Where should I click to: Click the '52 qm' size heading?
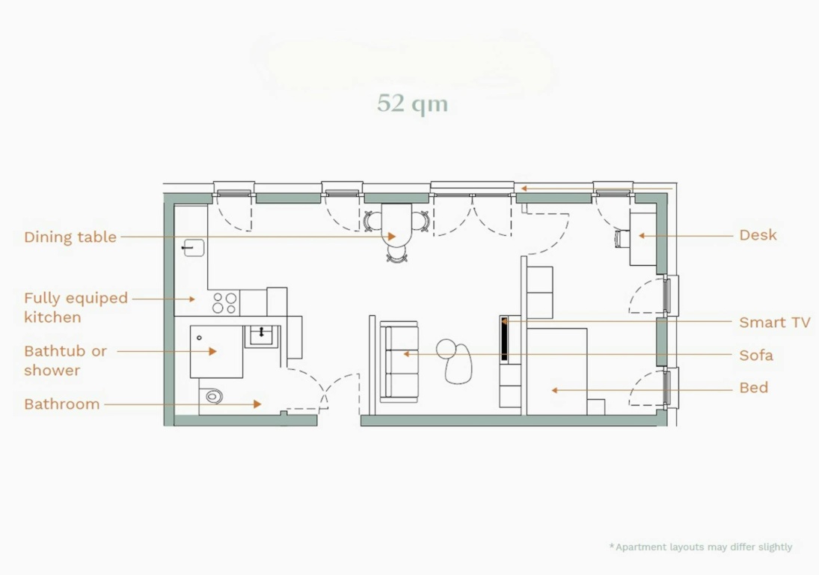coord(413,103)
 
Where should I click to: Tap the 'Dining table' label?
coord(70,237)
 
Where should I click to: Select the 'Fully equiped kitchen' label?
coord(76,308)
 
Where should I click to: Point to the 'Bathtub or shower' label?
coord(66,360)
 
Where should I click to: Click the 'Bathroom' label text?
coord(61,404)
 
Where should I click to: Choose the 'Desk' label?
coord(758,235)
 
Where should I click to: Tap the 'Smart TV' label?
coord(775,322)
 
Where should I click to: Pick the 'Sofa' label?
coord(756,356)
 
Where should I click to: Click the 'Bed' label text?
coord(754,387)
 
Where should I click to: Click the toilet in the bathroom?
coord(213,396)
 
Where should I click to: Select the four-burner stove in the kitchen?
coord(224,302)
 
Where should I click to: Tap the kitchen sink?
coord(193,247)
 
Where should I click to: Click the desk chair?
coord(622,238)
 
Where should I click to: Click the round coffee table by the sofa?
coord(446,349)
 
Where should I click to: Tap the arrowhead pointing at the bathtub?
coord(212,351)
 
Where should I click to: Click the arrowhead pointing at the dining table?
coord(392,237)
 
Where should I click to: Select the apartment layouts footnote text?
coord(701,547)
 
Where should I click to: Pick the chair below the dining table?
coord(397,254)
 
